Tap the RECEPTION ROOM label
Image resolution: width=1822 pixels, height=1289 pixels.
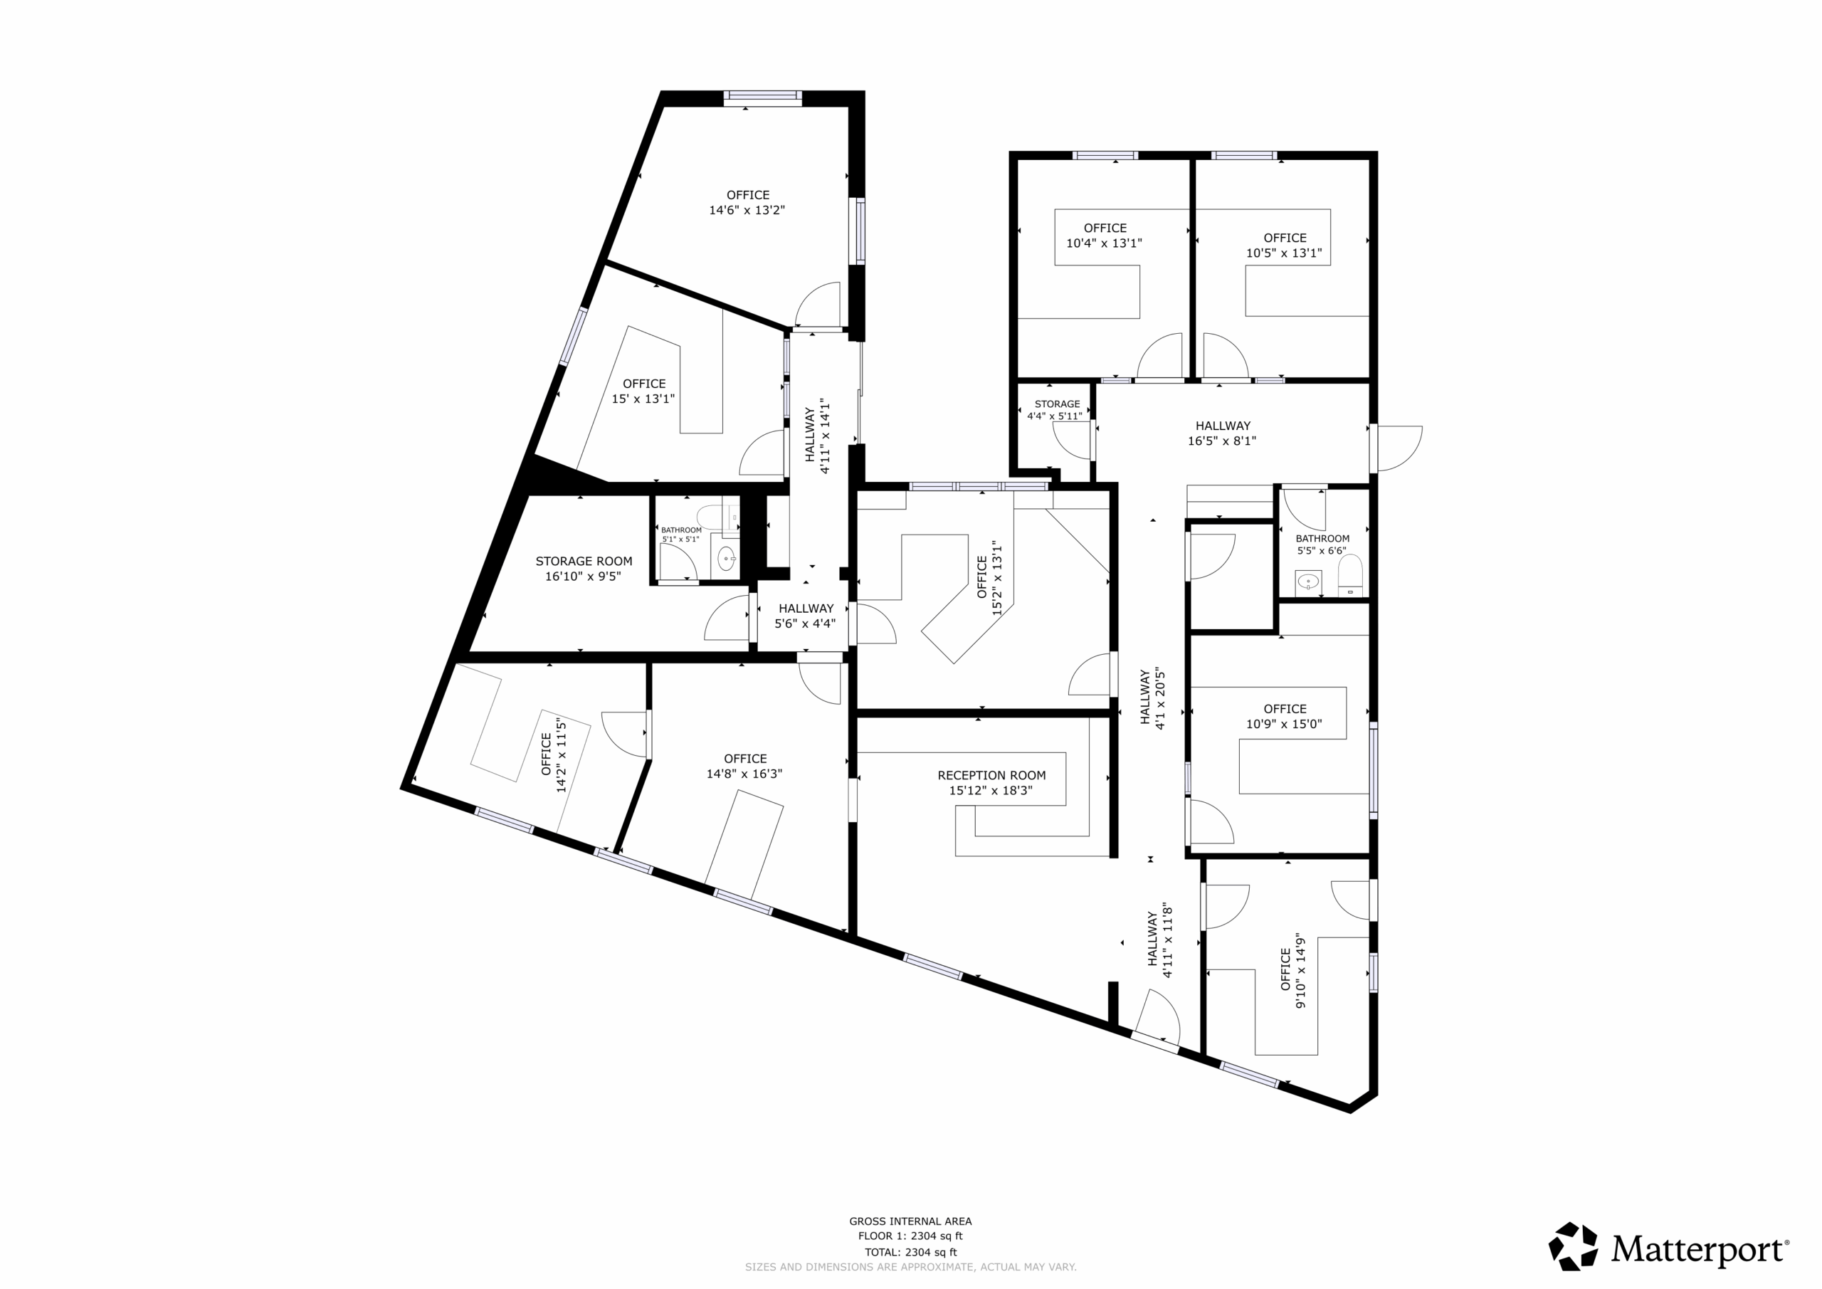point(991,775)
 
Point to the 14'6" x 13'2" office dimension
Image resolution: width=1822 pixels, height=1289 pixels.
point(747,211)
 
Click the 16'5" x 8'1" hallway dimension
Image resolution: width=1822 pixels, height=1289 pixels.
point(1222,441)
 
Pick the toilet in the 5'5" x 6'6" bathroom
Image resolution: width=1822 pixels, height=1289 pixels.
point(1350,575)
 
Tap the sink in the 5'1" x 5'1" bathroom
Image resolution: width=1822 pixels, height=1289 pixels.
point(726,559)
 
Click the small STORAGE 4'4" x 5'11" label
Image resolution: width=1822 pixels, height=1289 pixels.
point(1056,409)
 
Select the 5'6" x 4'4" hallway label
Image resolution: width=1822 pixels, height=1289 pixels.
point(806,616)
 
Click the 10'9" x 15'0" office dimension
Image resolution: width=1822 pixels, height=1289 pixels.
point(1284,724)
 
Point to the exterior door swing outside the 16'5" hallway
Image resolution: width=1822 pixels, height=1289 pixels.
point(1399,448)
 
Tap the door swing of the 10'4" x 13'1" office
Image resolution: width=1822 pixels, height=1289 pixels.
point(1160,356)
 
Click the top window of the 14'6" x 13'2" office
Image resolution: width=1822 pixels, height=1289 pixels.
point(762,98)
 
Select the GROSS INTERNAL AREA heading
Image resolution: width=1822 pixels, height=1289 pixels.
point(910,1221)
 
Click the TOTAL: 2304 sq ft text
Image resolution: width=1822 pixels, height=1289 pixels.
point(910,1253)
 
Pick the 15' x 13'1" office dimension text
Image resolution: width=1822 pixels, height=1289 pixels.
point(643,399)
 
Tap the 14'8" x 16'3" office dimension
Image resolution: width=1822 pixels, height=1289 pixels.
point(744,774)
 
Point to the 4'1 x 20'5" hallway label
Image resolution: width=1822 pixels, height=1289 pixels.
point(1152,698)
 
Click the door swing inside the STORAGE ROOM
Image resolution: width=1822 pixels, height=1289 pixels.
point(727,619)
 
